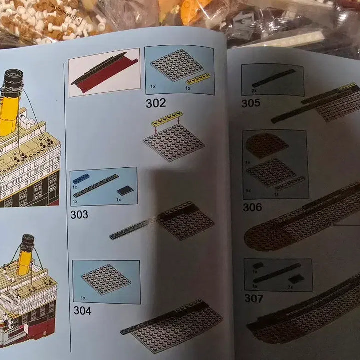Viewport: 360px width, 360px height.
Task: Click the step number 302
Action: (x=156, y=104)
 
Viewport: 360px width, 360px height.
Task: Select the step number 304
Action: (x=82, y=310)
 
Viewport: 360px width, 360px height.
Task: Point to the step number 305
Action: (x=251, y=103)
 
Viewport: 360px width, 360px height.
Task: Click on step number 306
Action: (x=252, y=207)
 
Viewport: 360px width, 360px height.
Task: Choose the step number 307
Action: (x=254, y=299)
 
